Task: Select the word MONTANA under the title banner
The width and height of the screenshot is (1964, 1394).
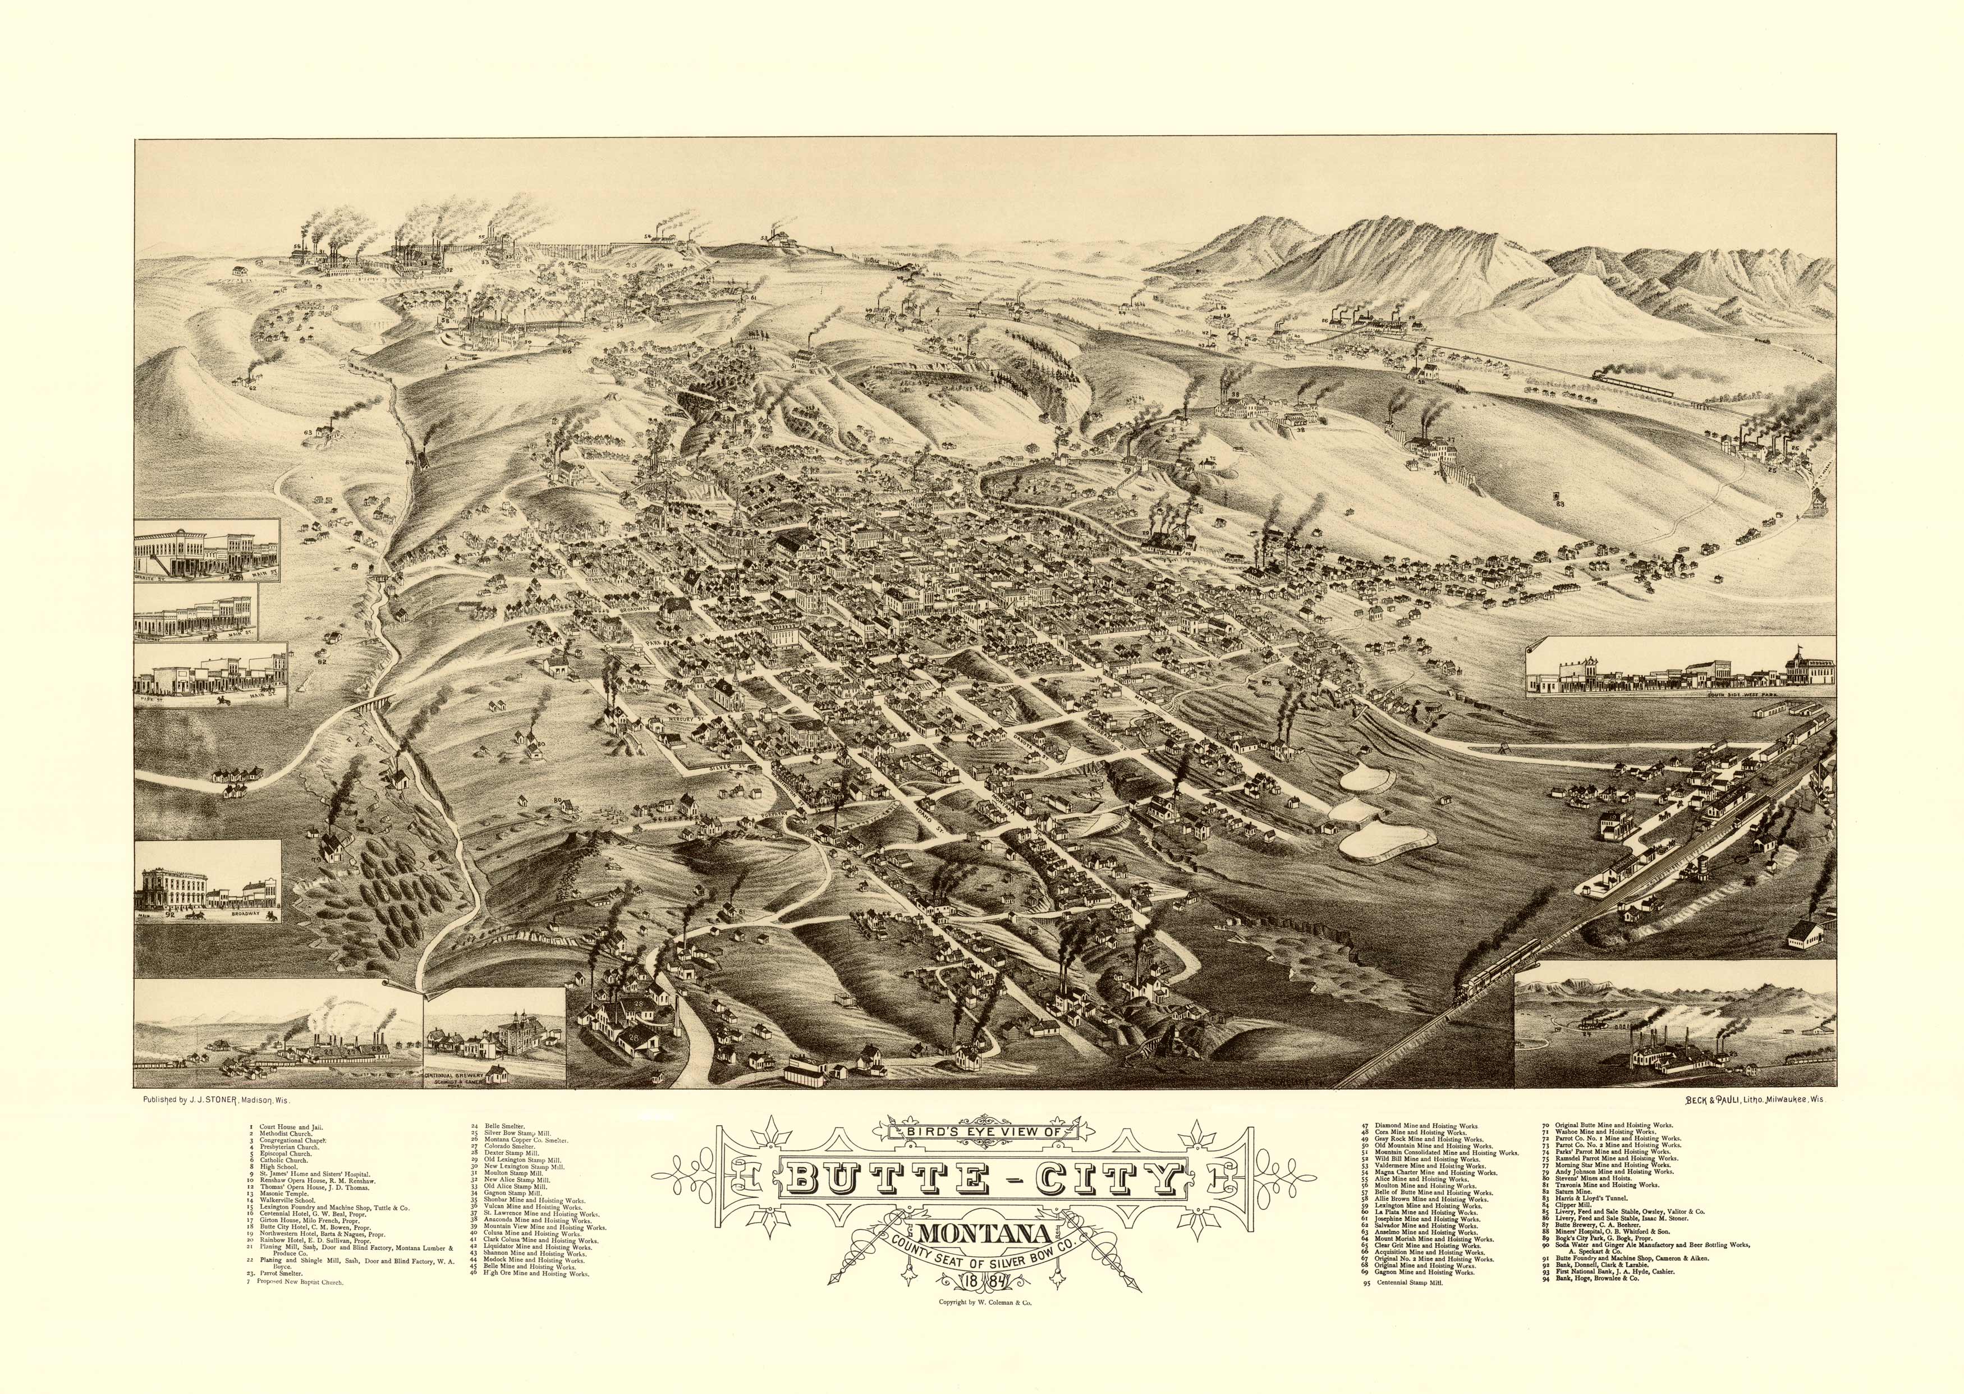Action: [986, 1236]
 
